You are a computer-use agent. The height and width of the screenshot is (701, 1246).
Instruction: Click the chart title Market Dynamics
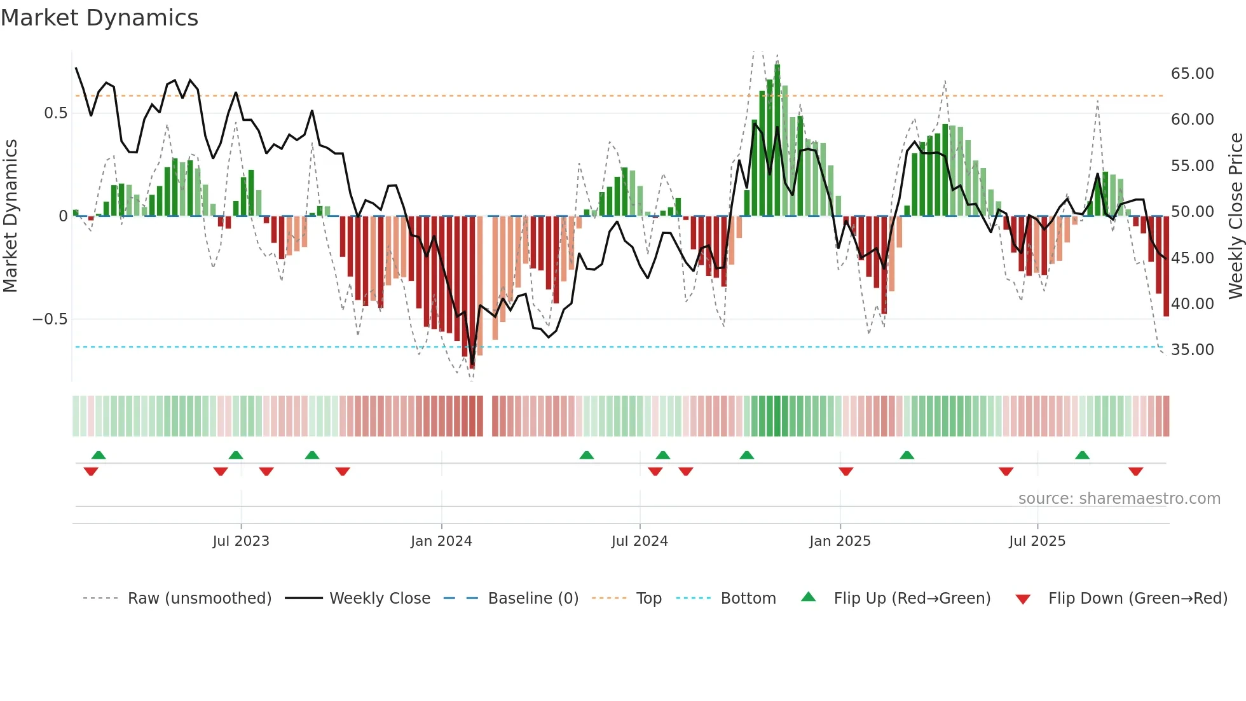pyautogui.click(x=99, y=18)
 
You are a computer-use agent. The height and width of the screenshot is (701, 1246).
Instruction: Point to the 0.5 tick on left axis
pyautogui.click(x=55, y=113)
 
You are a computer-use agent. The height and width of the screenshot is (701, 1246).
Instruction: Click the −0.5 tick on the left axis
pyautogui.click(x=50, y=319)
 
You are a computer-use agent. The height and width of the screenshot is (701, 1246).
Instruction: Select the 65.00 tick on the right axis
pyautogui.click(x=1192, y=74)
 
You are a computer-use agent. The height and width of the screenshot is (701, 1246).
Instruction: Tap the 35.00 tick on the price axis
pyautogui.click(x=1192, y=350)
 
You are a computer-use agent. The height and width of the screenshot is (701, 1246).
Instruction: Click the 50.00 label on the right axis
pyautogui.click(x=1192, y=212)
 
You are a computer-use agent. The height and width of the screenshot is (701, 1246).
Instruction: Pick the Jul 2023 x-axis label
pyautogui.click(x=241, y=541)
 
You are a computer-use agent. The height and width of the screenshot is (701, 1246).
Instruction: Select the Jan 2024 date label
pyautogui.click(x=441, y=541)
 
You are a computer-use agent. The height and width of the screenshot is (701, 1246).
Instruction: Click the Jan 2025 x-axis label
pyautogui.click(x=840, y=541)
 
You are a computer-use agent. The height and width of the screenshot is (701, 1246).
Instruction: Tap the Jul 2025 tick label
pyautogui.click(x=1037, y=541)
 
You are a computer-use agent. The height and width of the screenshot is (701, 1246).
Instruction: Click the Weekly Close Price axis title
pyautogui.click(x=1235, y=216)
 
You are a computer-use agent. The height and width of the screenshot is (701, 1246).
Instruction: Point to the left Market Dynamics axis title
pyautogui.click(x=10, y=216)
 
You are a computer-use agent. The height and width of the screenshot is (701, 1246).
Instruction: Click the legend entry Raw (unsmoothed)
pyautogui.click(x=199, y=599)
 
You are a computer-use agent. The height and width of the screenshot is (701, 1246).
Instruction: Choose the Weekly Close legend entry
pyautogui.click(x=380, y=599)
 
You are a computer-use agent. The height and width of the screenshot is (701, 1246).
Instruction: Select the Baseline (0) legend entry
pyautogui.click(x=533, y=599)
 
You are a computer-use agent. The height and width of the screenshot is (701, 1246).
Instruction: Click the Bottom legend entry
pyautogui.click(x=748, y=599)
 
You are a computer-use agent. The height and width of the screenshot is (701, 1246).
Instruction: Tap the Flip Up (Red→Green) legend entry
pyautogui.click(x=912, y=599)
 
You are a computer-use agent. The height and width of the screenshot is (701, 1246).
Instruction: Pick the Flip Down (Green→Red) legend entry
pyautogui.click(x=1137, y=599)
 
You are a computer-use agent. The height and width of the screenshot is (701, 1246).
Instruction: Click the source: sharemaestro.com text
pyautogui.click(x=1119, y=499)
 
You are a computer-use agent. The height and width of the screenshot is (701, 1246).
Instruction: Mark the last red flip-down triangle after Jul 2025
pyautogui.click(x=1135, y=471)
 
